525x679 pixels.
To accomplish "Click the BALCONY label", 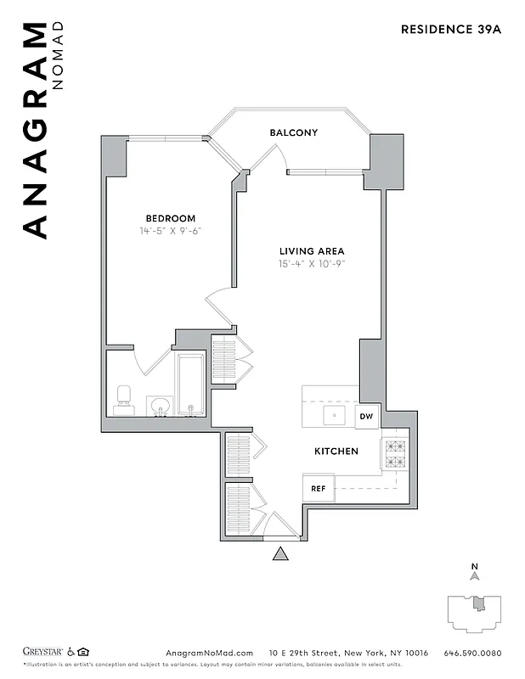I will click(x=293, y=132).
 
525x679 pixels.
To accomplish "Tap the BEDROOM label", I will click(x=170, y=218).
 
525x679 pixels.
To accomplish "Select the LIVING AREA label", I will click(x=312, y=251).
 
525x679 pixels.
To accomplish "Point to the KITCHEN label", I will click(x=336, y=452).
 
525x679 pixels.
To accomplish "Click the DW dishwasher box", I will click(x=367, y=417).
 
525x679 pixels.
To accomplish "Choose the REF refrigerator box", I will click(x=319, y=488).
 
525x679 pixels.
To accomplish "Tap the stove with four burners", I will click(x=394, y=454).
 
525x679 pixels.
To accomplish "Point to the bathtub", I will click(x=190, y=386).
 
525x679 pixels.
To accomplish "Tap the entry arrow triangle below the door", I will click(x=280, y=554).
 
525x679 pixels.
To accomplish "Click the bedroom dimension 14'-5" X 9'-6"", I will click(x=170, y=231).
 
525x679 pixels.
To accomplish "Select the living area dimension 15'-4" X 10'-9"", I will click(x=312, y=264).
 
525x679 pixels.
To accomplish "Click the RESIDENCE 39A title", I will click(x=452, y=29).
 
